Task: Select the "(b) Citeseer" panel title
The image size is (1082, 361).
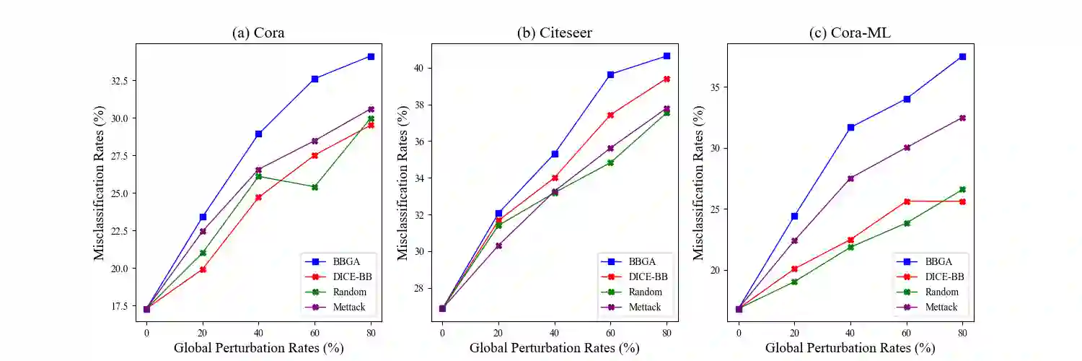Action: [555, 32]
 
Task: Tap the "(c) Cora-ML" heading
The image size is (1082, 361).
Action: [850, 32]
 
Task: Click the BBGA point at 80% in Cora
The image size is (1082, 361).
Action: [371, 56]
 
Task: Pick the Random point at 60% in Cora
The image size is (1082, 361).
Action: [315, 187]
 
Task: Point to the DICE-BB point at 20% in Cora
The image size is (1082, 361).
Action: [203, 269]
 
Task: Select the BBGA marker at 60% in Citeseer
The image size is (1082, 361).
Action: [610, 74]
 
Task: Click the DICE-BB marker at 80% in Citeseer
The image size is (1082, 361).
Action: [667, 79]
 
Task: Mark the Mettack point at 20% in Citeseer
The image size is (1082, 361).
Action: [498, 245]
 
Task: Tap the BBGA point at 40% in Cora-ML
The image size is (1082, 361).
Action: [850, 127]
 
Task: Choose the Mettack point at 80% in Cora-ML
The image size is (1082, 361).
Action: [962, 118]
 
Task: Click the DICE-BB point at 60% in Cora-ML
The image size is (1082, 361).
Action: [907, 201]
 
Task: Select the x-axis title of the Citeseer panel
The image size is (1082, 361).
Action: [554, 348]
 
